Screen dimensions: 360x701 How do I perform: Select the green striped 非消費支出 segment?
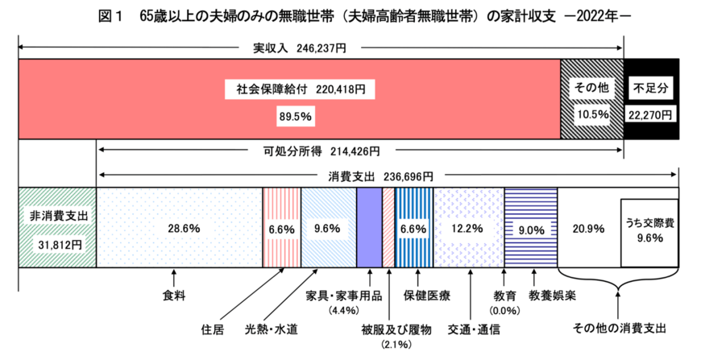tap(56, 228)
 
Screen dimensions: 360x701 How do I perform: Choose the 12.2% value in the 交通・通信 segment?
tap(467, 229)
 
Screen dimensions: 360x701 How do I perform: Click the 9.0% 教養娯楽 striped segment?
tap(530, 229)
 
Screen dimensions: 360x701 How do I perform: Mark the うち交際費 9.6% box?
tap(649, 232)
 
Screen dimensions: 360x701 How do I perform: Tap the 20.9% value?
tap(586, 229)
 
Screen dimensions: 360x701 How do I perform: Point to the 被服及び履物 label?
tap(396, 329)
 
